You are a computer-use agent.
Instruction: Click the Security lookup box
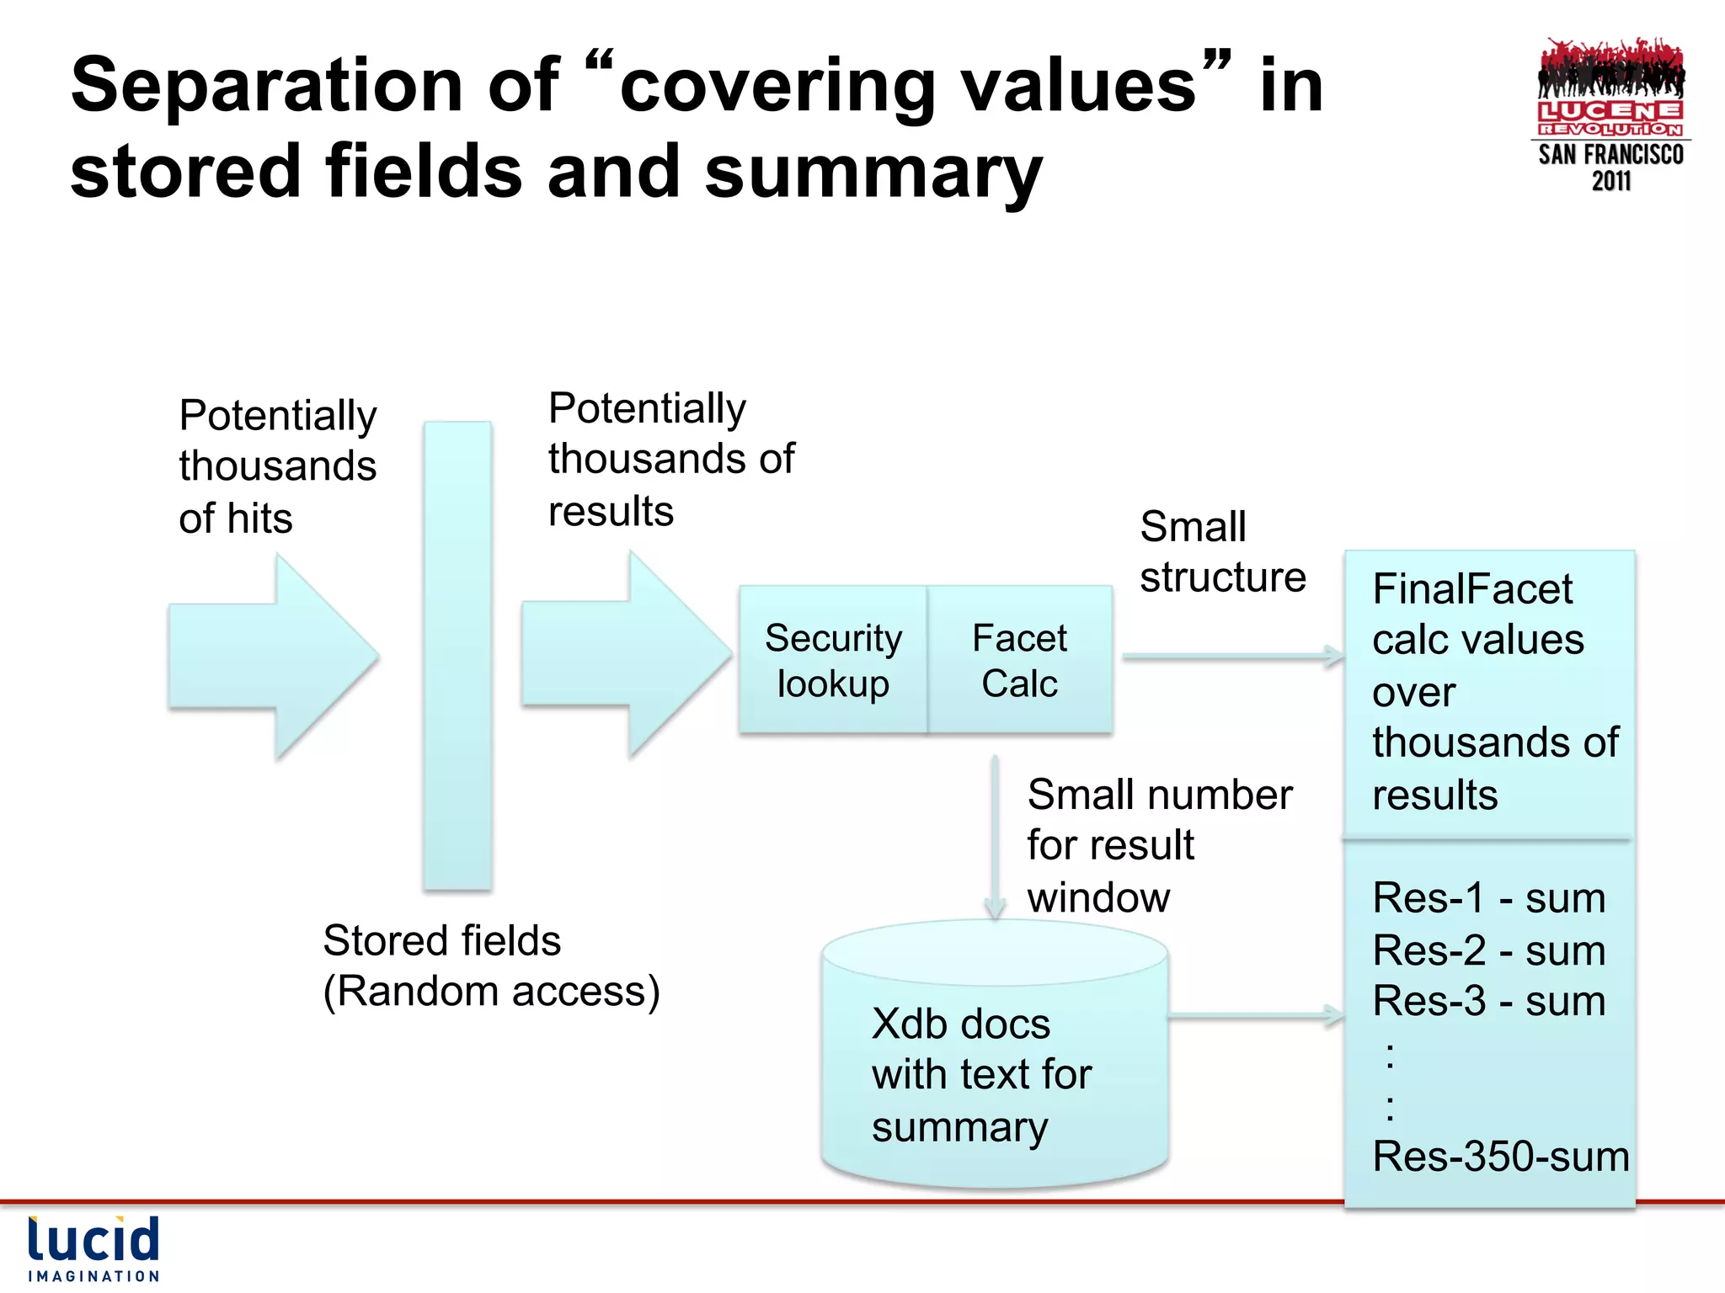[x=833, y=660]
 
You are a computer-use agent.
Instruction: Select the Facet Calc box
[x=1020, y=660]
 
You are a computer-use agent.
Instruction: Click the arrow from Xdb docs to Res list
[x=1255, y=1016]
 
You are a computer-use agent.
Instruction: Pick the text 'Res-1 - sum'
[x=1488, y=898]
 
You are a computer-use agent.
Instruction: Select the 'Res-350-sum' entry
[x=1500, y=1157]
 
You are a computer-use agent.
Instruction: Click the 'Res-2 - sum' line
[x=1488, y=950]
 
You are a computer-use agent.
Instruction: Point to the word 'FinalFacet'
[x=1472, y=588]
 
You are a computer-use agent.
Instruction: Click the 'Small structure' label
[x=1222, y=552]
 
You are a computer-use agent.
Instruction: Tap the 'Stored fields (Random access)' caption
[x=491, y=966]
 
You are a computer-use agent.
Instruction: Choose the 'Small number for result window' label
[x=1159, y=845]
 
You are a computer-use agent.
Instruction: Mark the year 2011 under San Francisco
[x=1610, y=181]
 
